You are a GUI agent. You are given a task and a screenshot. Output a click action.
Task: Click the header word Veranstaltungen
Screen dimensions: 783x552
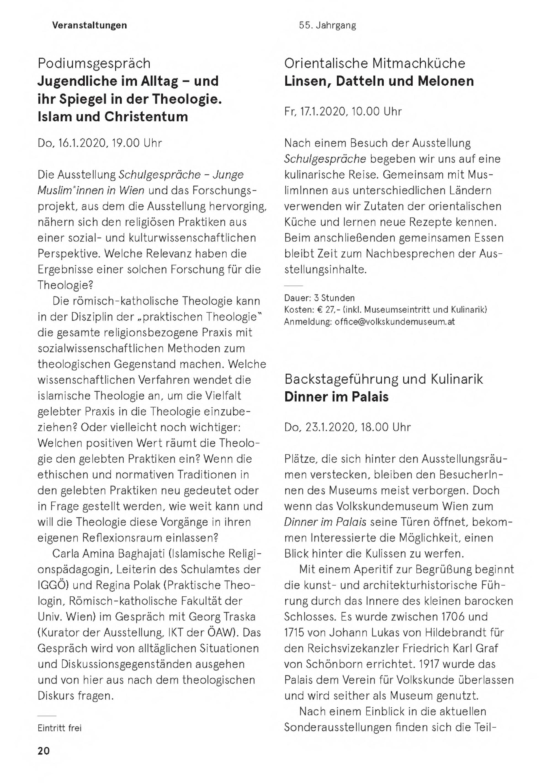[x=89, y=25]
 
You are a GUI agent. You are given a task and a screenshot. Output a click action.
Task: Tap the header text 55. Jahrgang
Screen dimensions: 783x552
[x=327, y=25]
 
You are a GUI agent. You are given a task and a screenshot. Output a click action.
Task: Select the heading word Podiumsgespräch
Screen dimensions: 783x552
[x=94, y=63]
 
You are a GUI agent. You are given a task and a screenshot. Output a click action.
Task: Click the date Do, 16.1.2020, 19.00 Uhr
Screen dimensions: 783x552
[x=100, y=143]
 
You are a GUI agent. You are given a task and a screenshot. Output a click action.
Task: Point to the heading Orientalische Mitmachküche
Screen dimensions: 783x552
[x=374, y=63]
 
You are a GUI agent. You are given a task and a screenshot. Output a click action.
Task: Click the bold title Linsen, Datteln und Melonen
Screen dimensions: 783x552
[x=379, y=81]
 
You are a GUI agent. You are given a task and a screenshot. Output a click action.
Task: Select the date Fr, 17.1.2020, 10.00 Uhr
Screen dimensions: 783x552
[x=343, y=112]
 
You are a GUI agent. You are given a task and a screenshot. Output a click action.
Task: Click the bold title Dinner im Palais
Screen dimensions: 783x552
[x=336, y=397]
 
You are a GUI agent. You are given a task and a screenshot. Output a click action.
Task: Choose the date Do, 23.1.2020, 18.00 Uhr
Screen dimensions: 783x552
[x=347, y=427]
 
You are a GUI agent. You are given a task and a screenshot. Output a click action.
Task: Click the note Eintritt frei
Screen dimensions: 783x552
[x=60, y=728]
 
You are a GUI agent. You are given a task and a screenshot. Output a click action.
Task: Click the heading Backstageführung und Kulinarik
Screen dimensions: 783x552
[x=383, y=379]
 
